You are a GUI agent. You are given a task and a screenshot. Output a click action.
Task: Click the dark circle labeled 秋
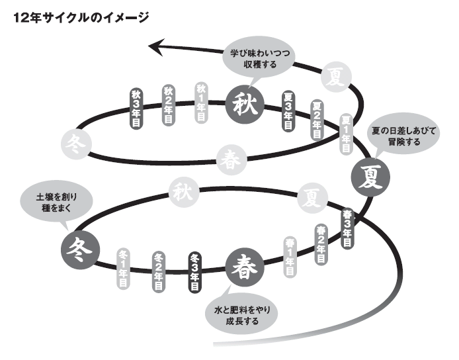(245, 103)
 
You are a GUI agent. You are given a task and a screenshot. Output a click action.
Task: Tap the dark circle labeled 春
(245, 267)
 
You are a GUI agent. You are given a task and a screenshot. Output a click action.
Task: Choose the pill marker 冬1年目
(124, 270)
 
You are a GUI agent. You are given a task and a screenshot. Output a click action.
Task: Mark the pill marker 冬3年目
(195, 273)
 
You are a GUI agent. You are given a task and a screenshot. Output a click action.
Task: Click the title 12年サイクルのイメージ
(80, 16)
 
